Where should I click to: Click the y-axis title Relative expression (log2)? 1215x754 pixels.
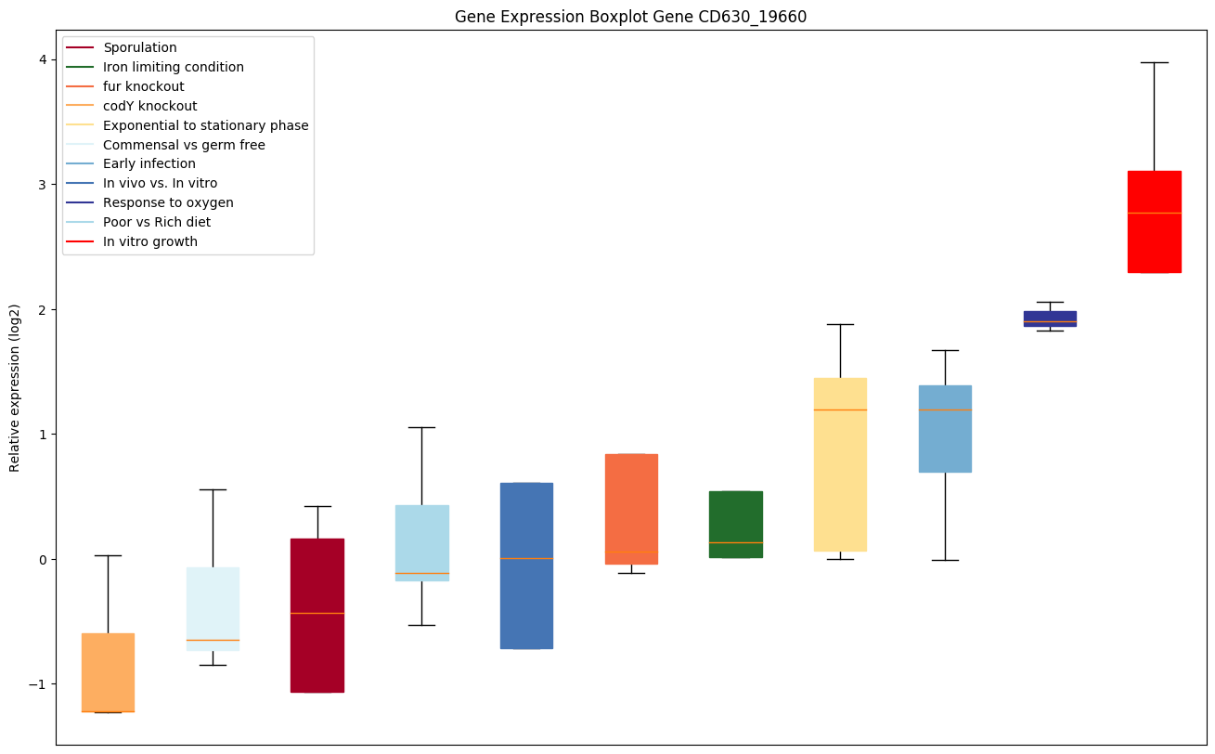pos(15,388)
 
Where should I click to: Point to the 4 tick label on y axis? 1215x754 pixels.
pos(43,60)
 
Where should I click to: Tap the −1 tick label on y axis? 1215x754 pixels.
pos(38,684)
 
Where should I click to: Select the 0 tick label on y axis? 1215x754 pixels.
pos(43,559)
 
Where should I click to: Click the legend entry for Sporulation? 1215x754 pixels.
pos(140,47)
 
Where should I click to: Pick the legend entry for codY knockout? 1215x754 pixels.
pos(149,106)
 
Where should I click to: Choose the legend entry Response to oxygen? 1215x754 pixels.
pos(168,202)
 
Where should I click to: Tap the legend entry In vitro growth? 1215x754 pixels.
pos(150,241)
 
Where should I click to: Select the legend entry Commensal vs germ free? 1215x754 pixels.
pos(184,145)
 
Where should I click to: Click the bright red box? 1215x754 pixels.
pos(1154,222)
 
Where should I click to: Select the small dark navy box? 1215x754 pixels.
pos(1050,318)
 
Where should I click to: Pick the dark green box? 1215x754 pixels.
pos(735,524)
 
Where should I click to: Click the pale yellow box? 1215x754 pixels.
pos(840,464)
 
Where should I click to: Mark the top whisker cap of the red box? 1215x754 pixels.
pos(1154,62)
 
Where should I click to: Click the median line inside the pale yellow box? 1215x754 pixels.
pos(840,409)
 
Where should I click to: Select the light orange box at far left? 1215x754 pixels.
pos(108,672)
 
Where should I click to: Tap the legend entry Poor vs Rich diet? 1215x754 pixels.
pos(157,222)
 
